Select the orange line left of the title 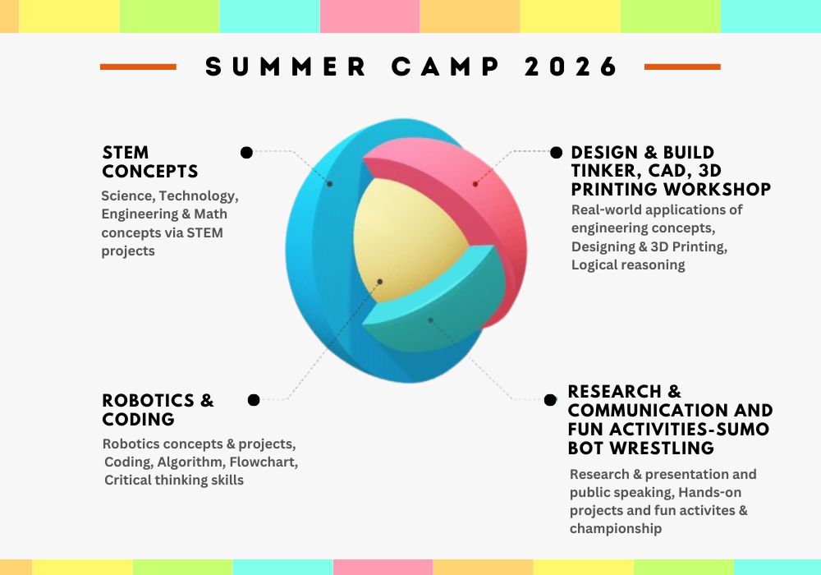coord(138,67)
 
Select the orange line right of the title coord(682,67)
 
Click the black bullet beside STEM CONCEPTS coord(246,152)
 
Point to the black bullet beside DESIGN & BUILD coord(556,152)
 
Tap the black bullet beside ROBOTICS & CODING coord(254,400)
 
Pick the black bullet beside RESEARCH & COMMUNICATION coord(550,400)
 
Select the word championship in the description coord(616,528)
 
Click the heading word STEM coord(126,153)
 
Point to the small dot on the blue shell coord(330,183)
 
